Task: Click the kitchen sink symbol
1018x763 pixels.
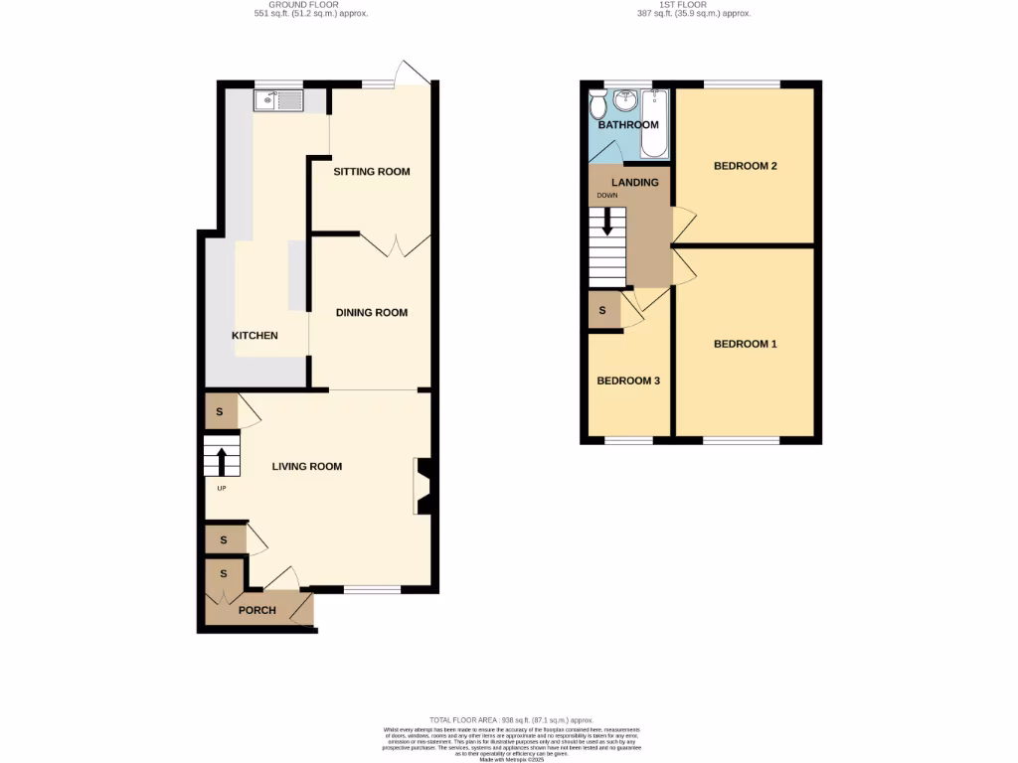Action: click(278, 100)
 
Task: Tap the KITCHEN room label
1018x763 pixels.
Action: click(254, 336)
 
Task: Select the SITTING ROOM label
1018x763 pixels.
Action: click(371, 172)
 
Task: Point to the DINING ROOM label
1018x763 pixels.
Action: click(371, 313)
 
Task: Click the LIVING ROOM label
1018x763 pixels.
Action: click(307, 466)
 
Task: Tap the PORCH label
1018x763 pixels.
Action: click(257, 610)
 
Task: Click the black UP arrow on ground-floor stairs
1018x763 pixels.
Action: click(221, 462)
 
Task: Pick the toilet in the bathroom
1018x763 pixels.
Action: click(598, 103)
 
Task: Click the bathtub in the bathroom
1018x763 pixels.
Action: click(654, 122)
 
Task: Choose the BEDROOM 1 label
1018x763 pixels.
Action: click(745, 345)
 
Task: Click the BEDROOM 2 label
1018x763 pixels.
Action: click(745, 166)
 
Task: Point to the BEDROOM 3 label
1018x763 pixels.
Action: click(627, 381)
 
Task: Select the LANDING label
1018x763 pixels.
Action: click(634, 183)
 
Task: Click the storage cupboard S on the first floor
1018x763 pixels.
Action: click(603, 310)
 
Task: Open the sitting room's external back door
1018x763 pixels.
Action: click(411, 75)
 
